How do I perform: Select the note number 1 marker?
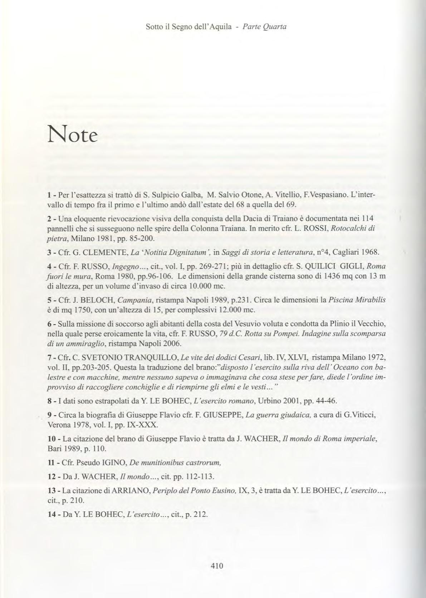49,195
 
